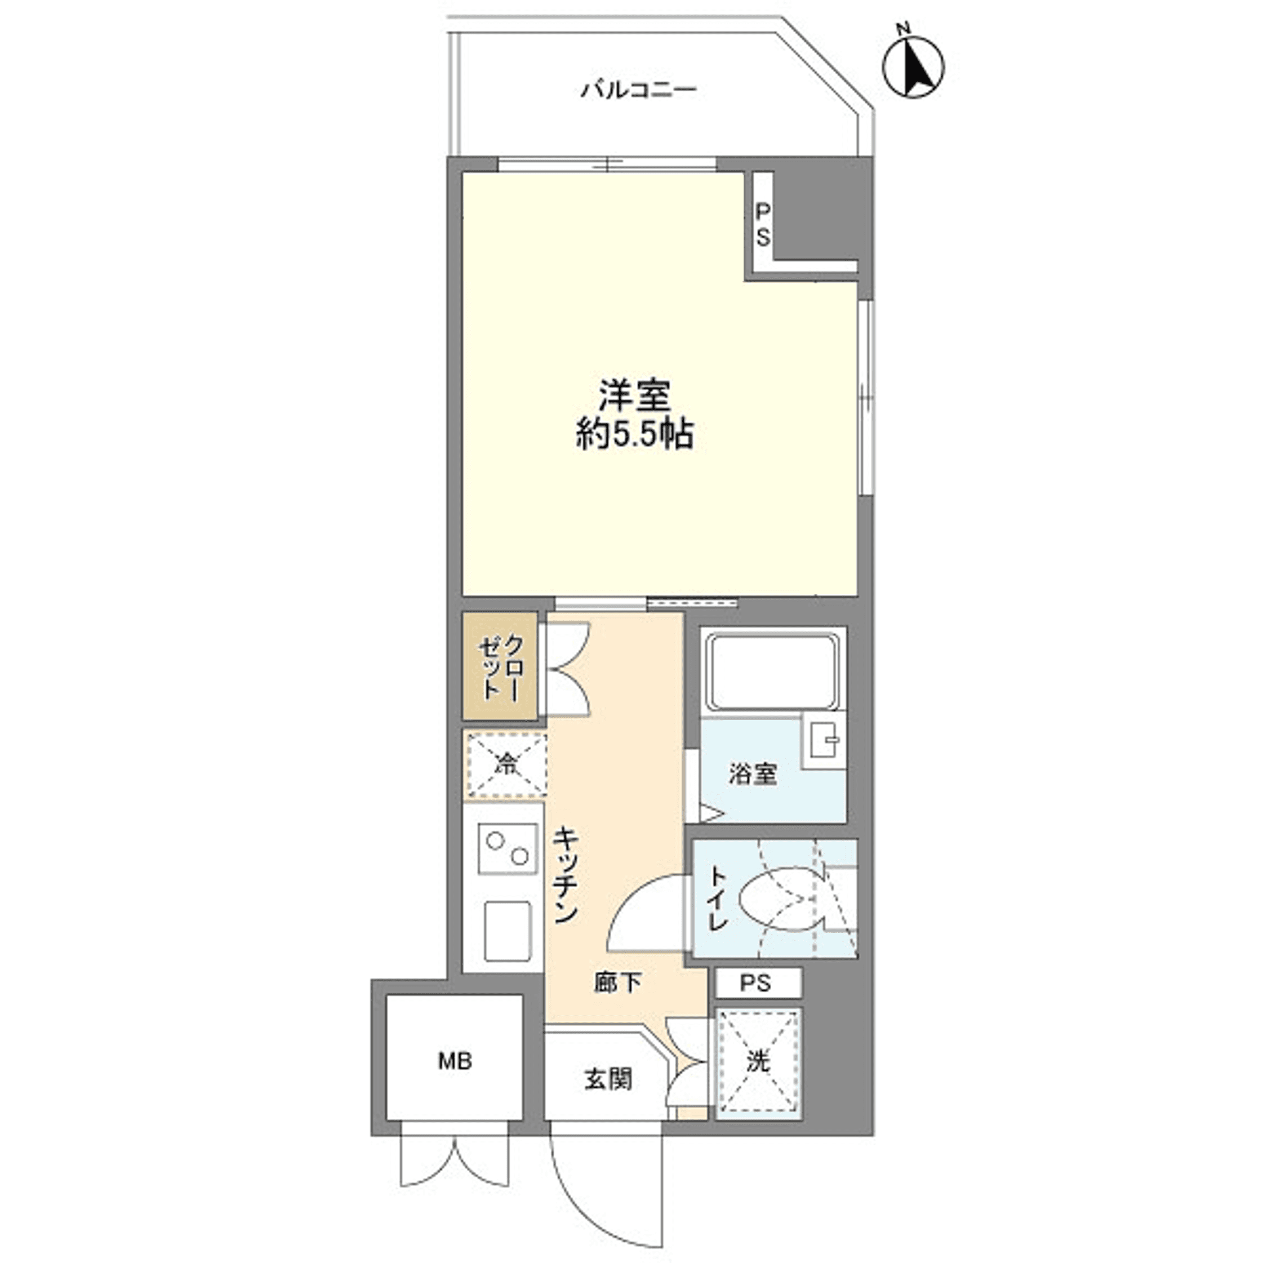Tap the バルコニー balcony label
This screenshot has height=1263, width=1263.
(x=639, y=90)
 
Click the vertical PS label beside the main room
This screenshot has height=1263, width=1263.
(x=763, y=224)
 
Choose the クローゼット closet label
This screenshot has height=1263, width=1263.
(x=501, y=668)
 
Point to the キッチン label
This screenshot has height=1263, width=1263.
(x=566, y=877)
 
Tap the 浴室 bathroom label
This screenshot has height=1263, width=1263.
(x=753, y=775)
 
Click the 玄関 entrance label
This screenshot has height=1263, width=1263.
(x=608, y=1079)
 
